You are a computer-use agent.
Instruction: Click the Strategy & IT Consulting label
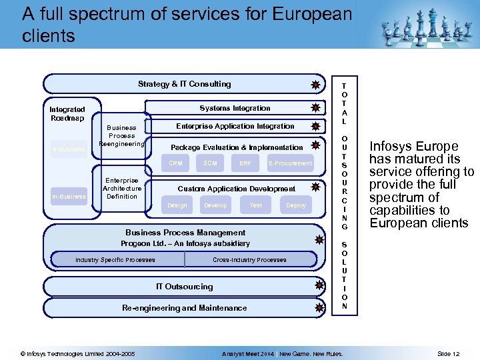[x=184, y=84]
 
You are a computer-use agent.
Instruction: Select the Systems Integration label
[x=235, y=108]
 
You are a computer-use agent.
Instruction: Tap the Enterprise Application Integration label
[x=235, y=126]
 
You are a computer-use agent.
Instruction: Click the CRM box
[x=175, y=163]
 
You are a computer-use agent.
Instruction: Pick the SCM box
[x=210, y=163]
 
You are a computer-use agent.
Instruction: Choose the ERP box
[x=245, y=163]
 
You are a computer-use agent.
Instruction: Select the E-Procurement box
[x=290, y=163]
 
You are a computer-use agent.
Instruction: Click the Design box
[x=177, y=205]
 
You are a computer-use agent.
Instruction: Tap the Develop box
[x=215, y=205]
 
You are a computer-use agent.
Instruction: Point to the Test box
[x=256, y=205]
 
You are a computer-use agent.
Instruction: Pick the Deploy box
[x=296, y=205]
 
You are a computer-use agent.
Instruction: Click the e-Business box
[x=69, y=149]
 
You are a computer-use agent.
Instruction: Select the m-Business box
[x=69, y=196]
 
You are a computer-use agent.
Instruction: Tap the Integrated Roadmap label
[x=67, y=113]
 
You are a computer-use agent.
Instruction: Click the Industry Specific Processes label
[x=115, y=259]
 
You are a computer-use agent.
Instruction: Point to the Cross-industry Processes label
[x=249, y=259]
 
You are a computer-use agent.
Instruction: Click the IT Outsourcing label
[x=184, y=287]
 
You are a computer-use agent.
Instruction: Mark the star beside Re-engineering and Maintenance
[x=320, y=308]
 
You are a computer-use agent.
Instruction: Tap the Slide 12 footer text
[x=448, y=353]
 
